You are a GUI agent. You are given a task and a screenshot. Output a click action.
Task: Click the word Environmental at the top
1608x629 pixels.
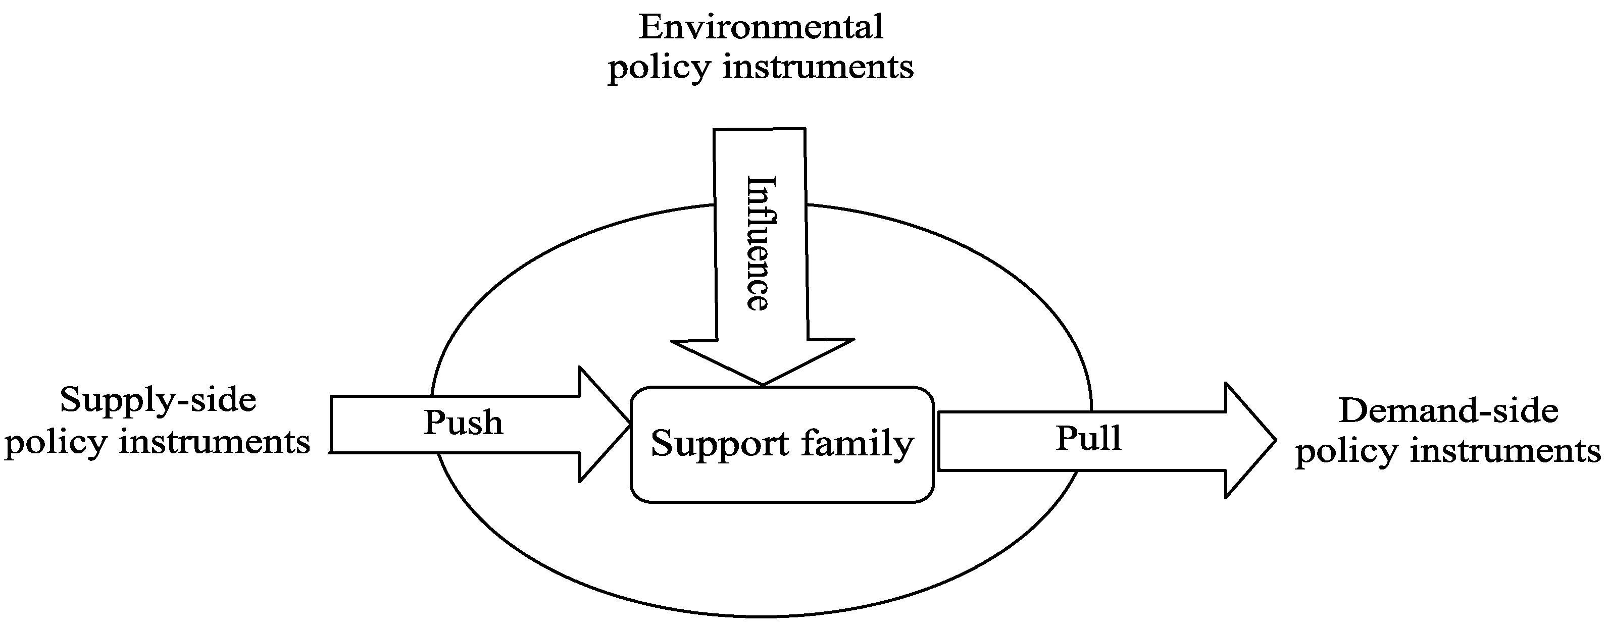tap(760, 27)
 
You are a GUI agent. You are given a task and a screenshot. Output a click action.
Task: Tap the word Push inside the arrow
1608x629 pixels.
tap(463, 423)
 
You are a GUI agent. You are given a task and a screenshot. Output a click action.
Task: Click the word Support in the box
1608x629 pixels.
tap(720, 444)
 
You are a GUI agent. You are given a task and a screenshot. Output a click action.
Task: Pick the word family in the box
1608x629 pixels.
tap(858, 444)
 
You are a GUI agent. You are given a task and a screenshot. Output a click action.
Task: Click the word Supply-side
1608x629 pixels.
tap(158, 400)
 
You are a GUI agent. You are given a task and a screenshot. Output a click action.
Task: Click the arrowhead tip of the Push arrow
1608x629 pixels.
tap(629, 425)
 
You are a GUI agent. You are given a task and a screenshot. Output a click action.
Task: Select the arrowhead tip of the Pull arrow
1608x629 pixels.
tap(1275, 440)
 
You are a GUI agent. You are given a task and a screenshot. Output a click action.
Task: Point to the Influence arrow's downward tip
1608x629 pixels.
tap(762, 384)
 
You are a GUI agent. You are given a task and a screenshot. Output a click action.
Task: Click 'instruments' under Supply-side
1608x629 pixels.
tap(214, 442)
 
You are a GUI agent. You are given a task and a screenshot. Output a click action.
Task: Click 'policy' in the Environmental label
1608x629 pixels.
tap(659, 68)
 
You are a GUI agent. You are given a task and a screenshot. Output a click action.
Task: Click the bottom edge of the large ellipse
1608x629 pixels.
tap(761, 616)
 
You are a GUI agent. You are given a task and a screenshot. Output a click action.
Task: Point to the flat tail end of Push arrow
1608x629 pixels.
tap(331, 425)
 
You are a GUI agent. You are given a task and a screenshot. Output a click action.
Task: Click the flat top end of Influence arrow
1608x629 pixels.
tap(759, 130)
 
